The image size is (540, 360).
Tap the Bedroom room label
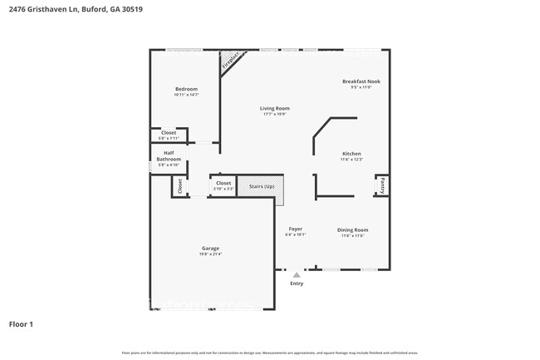[x=186, y=89]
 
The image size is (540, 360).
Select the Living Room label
[x=274, y=108]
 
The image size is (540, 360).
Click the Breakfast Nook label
[x=361, y=81]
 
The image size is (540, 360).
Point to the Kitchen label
[x=352, y=154]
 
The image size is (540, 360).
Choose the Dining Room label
[x=352, y=229]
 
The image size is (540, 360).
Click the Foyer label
[x=295, y=229]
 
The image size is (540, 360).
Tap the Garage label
[x=210, y=249]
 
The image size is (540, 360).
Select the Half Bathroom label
[x=169, y=155]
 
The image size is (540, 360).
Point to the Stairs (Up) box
[x=262, y=187]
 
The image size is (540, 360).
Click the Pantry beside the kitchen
[x=382, y=185]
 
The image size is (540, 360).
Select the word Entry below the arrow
[x=297, y=284]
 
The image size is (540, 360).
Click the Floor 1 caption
[x=22, y=323]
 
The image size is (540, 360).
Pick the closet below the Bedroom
[x=169, y=134]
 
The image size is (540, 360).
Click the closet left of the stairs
[x=223, y=185]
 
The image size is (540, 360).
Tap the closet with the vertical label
[x=179, y=186]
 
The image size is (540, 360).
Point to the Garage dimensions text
[x=210, y=254]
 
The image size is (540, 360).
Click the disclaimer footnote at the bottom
[x=270, y=353]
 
